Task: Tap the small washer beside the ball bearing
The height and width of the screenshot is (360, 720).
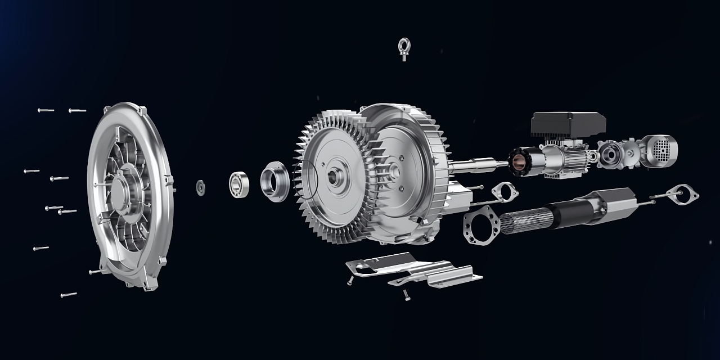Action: tap(200, 187)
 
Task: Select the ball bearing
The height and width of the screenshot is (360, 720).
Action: tap(238, 184)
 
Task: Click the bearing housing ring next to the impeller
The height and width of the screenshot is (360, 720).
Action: tap(274, 181)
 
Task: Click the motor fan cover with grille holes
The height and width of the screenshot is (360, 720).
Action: tap(659, 150)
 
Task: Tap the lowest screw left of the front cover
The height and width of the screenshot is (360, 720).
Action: tap(68, 294)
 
